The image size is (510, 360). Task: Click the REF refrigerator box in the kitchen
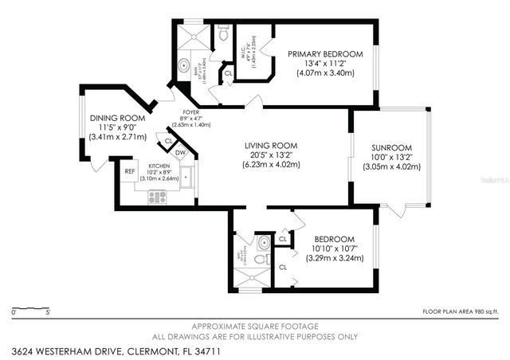click(130, 170)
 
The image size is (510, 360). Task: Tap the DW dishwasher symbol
click(181, 153)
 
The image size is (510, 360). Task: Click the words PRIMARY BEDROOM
click(325, 54)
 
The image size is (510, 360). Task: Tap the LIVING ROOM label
click(271, 146)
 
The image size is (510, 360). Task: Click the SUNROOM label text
click(391, 147)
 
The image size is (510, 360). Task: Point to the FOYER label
click(190, 112)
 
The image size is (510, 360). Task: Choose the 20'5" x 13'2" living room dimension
click(271, 155)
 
